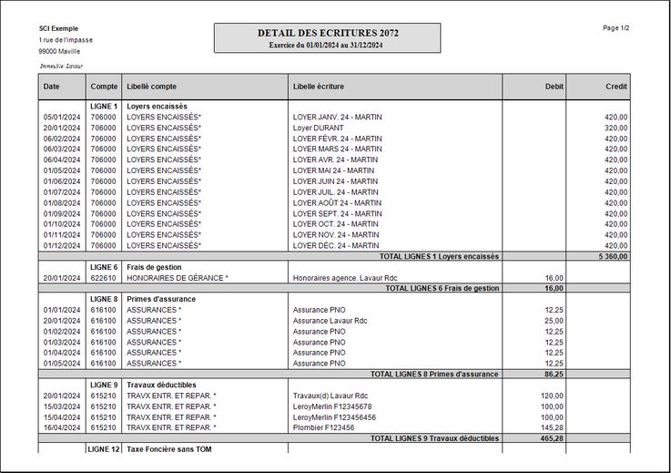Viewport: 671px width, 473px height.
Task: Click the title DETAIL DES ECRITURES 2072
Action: pos(327,33)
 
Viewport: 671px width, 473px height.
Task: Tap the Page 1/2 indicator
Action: pos(616,28)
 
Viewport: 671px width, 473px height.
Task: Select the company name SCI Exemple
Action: pos(58,28)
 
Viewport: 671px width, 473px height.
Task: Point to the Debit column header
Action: pos(554,86)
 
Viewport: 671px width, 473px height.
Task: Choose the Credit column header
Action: pos(616,86)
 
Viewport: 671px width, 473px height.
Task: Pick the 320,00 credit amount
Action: pos(616,128)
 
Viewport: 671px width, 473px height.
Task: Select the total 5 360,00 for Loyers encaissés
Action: pos(613,257)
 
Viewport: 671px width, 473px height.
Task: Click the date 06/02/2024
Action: pos(62,139)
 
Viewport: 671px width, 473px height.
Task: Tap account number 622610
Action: pos(104,278)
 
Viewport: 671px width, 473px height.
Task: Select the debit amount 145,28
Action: pos(552,427)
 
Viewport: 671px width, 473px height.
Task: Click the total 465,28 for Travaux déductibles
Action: pos(552,438)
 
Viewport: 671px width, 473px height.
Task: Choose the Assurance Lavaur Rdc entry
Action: pos(330,321)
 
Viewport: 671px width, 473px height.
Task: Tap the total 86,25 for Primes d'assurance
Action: pos(554,374)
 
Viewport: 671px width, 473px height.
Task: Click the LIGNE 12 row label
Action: pos(104,449)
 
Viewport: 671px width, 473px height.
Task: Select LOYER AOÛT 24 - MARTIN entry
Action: pos(336,202)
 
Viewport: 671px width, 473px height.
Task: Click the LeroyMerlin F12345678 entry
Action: pos(331,406)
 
